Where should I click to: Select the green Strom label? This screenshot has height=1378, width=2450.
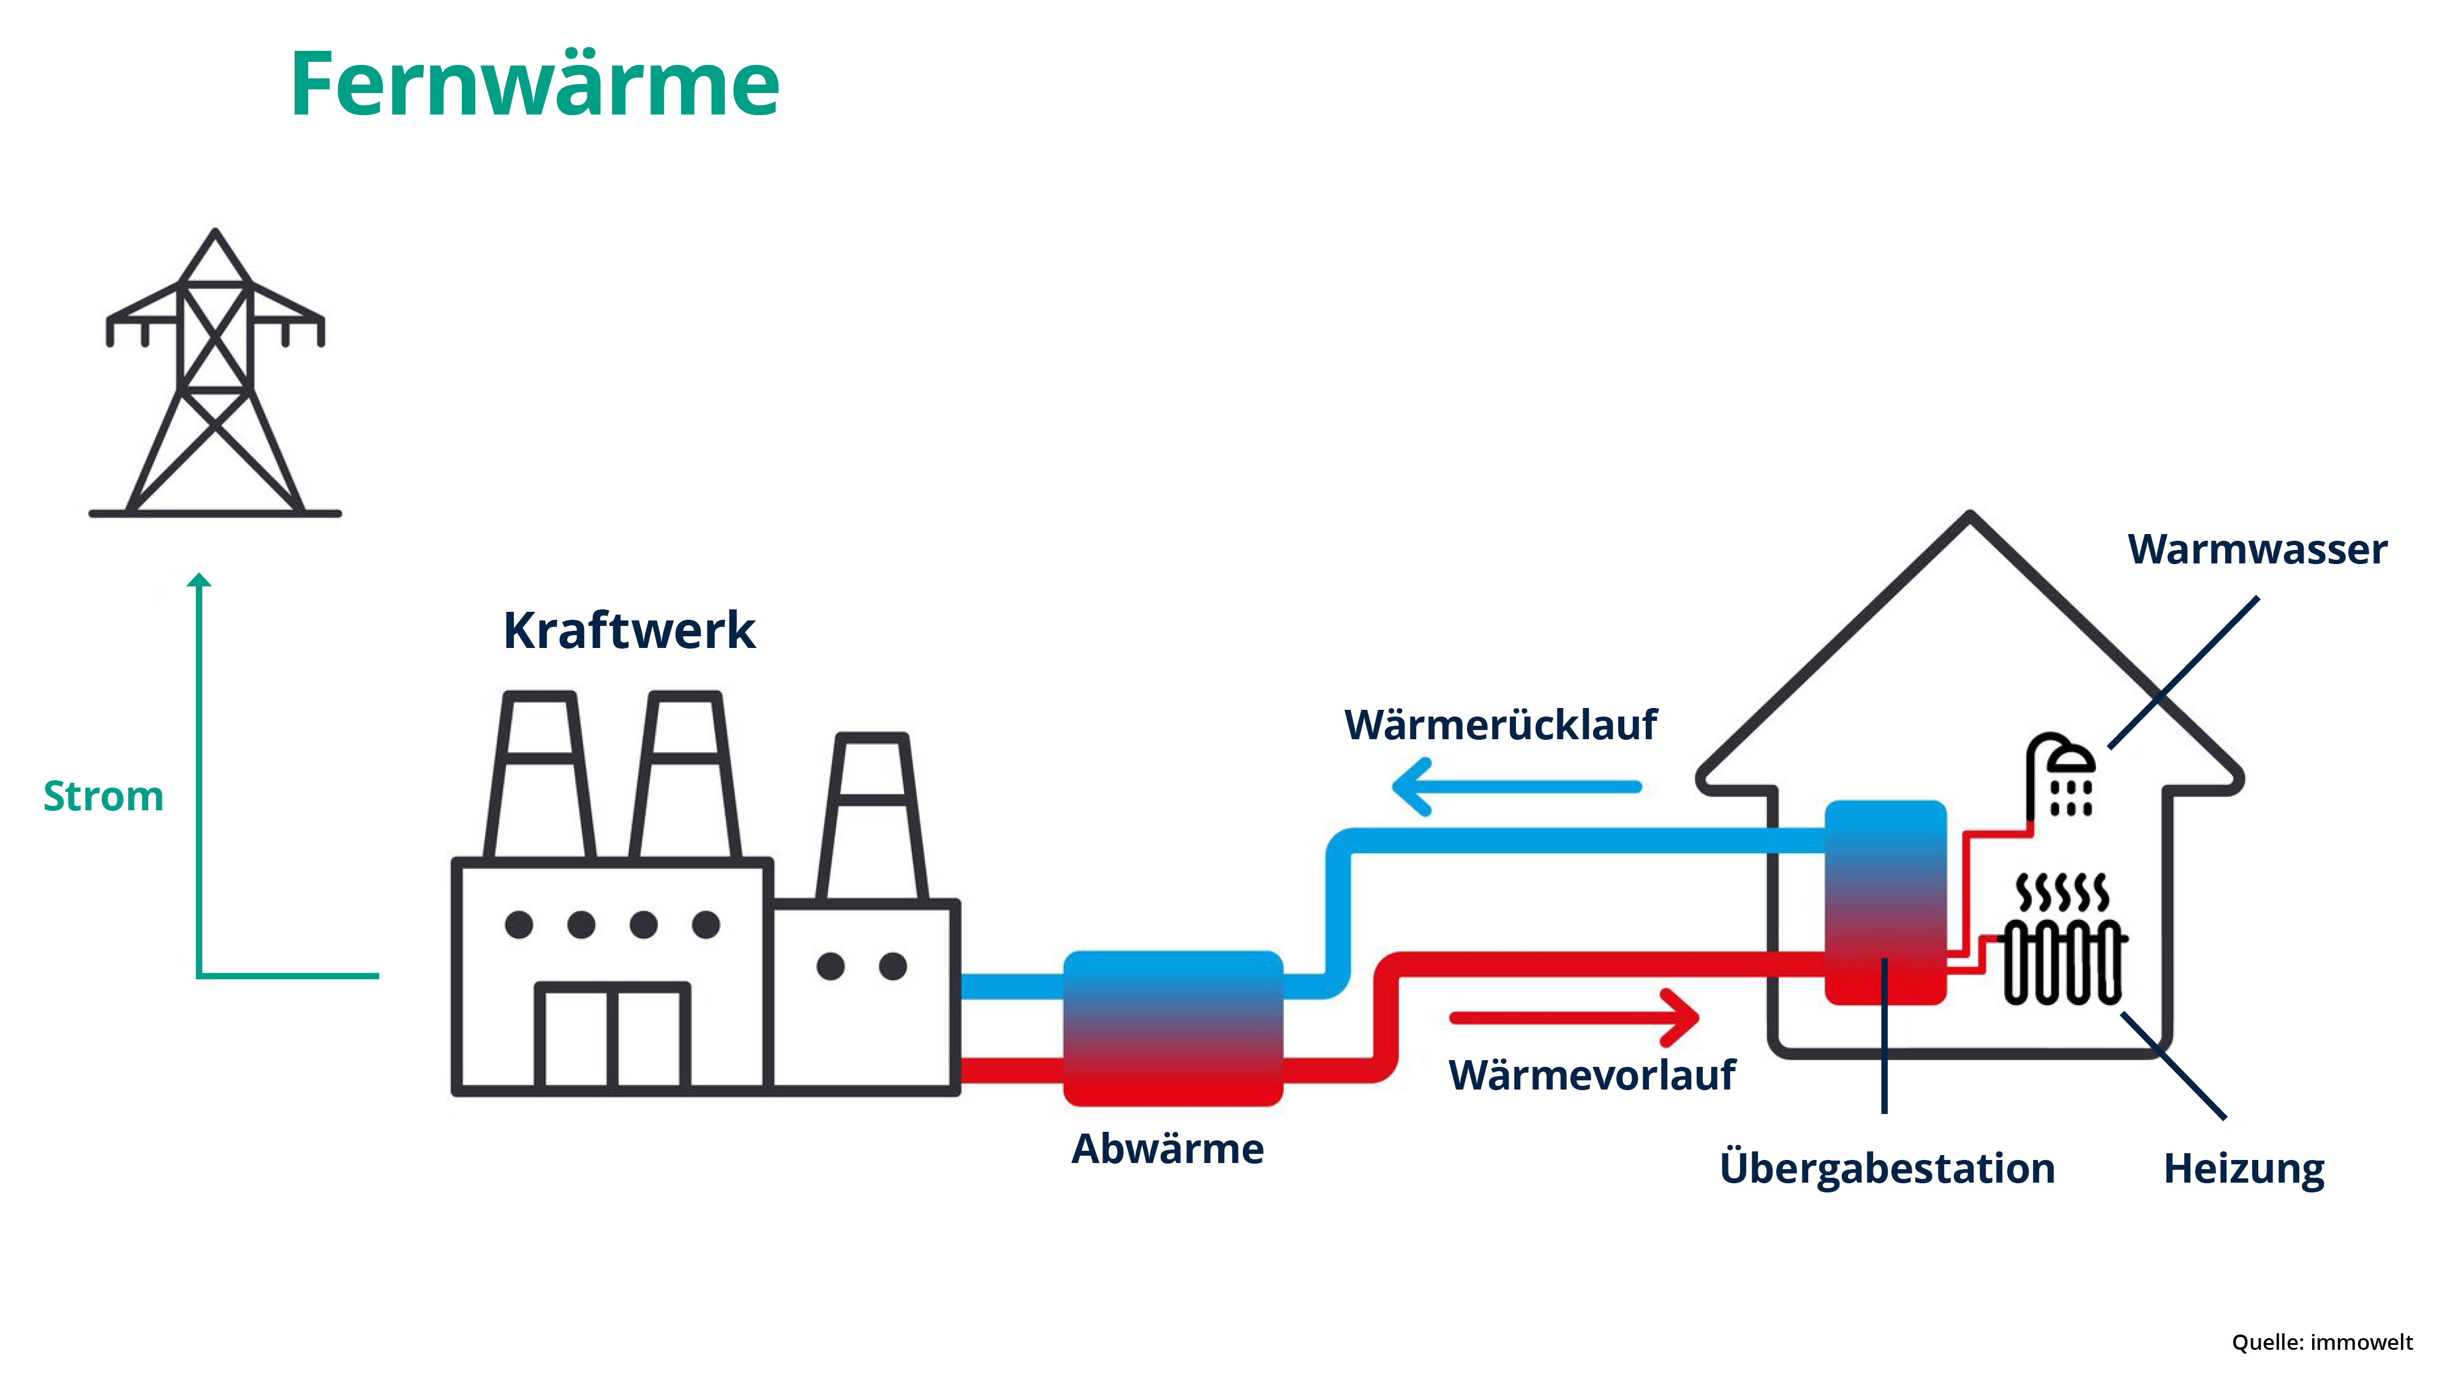coord(104,796)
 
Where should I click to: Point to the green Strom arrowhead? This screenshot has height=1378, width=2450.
coord(199,580)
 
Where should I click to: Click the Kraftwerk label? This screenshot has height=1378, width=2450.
coord(628,631)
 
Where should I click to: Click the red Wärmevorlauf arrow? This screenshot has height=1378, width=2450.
coord(1574,1017)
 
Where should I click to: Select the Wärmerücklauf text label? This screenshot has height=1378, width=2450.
coord(1500,725)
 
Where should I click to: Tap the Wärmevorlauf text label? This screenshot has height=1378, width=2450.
coord(1591,1075)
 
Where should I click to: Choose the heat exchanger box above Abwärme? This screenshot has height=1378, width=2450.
coord(1173,1028)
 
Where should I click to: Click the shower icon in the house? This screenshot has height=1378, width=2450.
coord(2062,775)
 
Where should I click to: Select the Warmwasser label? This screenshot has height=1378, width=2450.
coord(2257,550)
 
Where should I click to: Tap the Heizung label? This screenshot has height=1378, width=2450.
coord(2244,1168)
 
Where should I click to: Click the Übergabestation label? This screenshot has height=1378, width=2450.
coord(1887,1168)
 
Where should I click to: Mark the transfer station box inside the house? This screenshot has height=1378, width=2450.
coord(1885,902)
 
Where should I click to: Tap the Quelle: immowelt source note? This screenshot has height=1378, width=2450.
coord(2321,1342)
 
